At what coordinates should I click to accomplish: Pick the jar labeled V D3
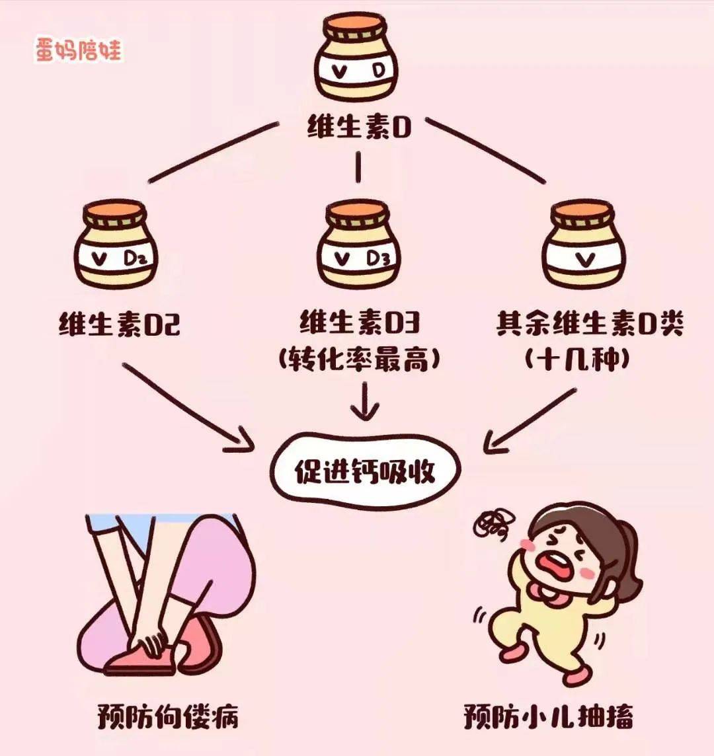[358, 245]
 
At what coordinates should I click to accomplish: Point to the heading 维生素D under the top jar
[359, 126]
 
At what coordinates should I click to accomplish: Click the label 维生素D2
[120, 326]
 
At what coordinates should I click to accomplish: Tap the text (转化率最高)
[359, 360]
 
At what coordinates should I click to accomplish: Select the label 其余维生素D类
[589, 325]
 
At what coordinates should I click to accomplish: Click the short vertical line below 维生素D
[358, 167]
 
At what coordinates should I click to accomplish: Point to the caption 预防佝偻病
[168, 716]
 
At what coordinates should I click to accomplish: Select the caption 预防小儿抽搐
[548, 716]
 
